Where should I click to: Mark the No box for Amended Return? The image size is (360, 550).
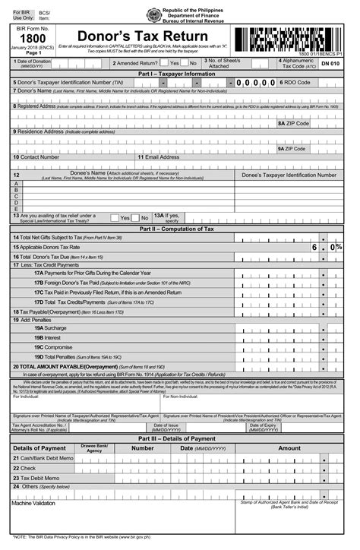pos(184,64)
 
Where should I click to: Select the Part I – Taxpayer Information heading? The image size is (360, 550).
pos(176,74)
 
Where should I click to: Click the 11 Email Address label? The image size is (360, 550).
pos(159,157)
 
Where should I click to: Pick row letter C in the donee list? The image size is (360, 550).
pos(16,196)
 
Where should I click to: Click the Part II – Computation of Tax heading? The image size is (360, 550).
pos(176,229)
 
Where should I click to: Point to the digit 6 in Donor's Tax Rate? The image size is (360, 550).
pos(313,248)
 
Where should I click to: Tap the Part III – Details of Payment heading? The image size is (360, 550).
pos(176,438)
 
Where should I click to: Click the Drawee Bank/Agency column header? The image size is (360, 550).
pos(95,448)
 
